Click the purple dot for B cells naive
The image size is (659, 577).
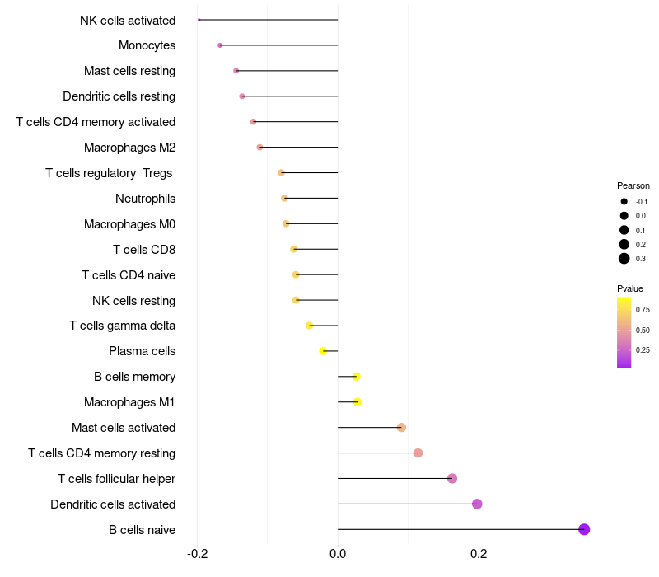(584, 529)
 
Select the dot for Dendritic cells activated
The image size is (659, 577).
(477, 504)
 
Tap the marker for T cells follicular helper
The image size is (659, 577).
(452, 479)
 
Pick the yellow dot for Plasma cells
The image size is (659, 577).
(323, 351)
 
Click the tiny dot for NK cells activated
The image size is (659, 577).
(199, 20)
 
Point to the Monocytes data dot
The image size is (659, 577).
(220, 45)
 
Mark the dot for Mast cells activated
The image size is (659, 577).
(401, 428)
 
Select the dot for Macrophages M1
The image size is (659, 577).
(358, 402)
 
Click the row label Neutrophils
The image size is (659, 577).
(146, 199)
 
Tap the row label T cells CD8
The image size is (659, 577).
(144, 250)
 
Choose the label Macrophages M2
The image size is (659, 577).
(130, 148)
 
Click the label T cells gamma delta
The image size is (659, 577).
(122, 326)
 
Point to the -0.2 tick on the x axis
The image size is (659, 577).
(198, 553)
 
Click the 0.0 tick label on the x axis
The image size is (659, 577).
(338, 553)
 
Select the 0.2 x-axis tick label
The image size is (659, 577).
(479, 553)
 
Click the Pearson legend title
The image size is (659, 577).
(633, 186)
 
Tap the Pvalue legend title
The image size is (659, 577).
(630, 289)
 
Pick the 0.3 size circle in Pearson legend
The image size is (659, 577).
(624, 259)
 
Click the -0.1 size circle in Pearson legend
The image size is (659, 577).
(624, 202)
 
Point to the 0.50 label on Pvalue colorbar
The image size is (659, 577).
(643, 331)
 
